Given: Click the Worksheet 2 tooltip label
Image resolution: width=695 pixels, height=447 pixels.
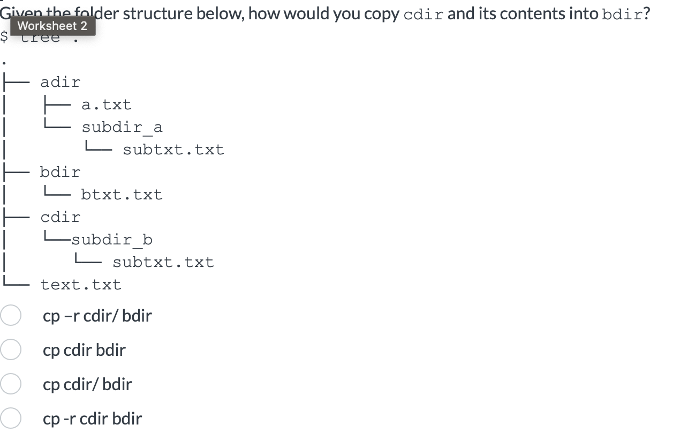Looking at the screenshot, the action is click(52, 26).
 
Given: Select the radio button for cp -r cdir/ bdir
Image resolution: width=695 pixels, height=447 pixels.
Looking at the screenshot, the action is click(10, 316).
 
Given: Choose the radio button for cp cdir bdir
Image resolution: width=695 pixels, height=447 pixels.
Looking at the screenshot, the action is click(10, 350).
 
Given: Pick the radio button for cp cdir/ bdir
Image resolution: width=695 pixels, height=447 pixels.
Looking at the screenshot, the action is click(10, 384).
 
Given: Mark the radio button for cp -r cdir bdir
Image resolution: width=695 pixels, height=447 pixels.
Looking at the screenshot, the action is click(10, 419).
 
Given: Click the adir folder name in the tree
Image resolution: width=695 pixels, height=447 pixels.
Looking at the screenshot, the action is click(61, 82).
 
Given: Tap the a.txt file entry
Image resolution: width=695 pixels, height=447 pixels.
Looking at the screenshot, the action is click(106, 105).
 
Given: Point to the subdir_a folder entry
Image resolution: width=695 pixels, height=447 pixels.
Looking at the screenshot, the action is click(122, 128).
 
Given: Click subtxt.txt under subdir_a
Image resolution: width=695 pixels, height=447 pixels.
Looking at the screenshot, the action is click(173, 150).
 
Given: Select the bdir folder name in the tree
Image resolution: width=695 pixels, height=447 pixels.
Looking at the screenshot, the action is click(61, 172).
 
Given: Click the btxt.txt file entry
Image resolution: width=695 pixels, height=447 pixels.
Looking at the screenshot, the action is click(122, 195).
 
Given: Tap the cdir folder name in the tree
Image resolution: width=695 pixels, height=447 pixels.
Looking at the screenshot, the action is click(61, 217).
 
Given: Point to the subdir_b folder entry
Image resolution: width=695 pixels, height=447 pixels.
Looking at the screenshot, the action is click(112, 240).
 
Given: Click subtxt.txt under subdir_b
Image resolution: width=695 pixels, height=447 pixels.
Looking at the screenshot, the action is click(163, 262).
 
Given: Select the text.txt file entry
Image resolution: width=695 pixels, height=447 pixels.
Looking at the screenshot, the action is click(81, 285).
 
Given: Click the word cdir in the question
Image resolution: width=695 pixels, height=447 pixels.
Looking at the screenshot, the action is click(423, 14).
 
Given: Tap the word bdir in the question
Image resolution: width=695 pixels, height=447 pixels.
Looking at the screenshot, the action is click(622, 14).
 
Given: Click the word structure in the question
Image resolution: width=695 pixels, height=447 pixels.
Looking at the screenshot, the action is click(166, 14).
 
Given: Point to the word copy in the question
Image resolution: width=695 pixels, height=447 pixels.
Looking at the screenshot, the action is click(381, 14).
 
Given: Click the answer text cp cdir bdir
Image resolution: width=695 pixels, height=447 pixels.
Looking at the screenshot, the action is click(84, 350).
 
